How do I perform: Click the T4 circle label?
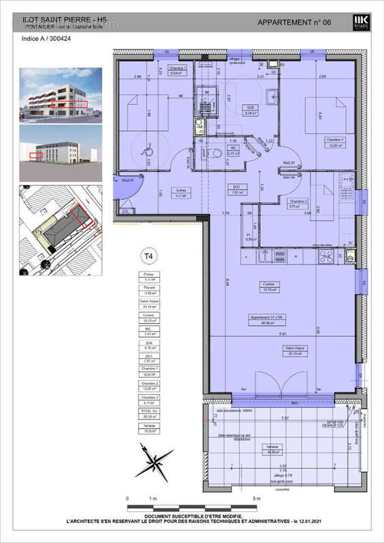[x=145, y=256]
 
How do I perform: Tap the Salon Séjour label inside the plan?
[x=296, y=350]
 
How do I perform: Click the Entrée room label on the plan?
[x=181, y=191]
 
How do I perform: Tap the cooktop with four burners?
[x=326, y=257]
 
